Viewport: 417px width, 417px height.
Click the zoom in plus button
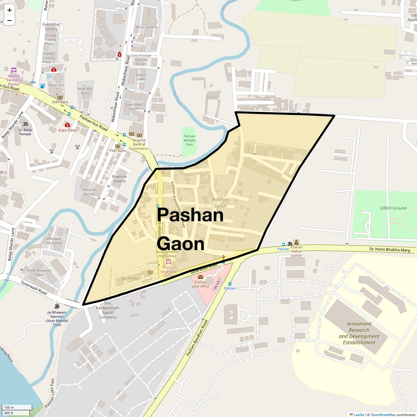point(9,10)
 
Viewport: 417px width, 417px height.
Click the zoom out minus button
point(9,21)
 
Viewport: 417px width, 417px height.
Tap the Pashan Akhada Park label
point(189,140)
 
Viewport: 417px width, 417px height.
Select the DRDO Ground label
point(393,208)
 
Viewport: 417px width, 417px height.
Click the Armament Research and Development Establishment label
point(359,333)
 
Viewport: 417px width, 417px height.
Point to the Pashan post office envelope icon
point(200,277)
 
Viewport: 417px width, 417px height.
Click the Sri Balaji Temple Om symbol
point(25,124)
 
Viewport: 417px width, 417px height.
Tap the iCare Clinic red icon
point(67,125)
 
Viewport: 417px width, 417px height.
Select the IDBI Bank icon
point(60,97)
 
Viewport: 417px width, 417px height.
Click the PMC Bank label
point(118,151)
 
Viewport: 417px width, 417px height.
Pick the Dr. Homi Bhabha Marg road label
point(390,250)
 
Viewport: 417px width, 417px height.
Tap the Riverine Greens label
point(119,179)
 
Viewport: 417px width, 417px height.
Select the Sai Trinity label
point(130,278)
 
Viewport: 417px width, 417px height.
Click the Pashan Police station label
point(296,251)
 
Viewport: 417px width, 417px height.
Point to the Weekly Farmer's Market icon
point(14,70)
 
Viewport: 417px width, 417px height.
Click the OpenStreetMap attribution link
point(383,415)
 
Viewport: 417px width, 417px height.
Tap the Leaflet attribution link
point(359,415)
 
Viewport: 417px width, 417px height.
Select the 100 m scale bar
point(17,407)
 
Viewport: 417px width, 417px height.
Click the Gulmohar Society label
point(51,26)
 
